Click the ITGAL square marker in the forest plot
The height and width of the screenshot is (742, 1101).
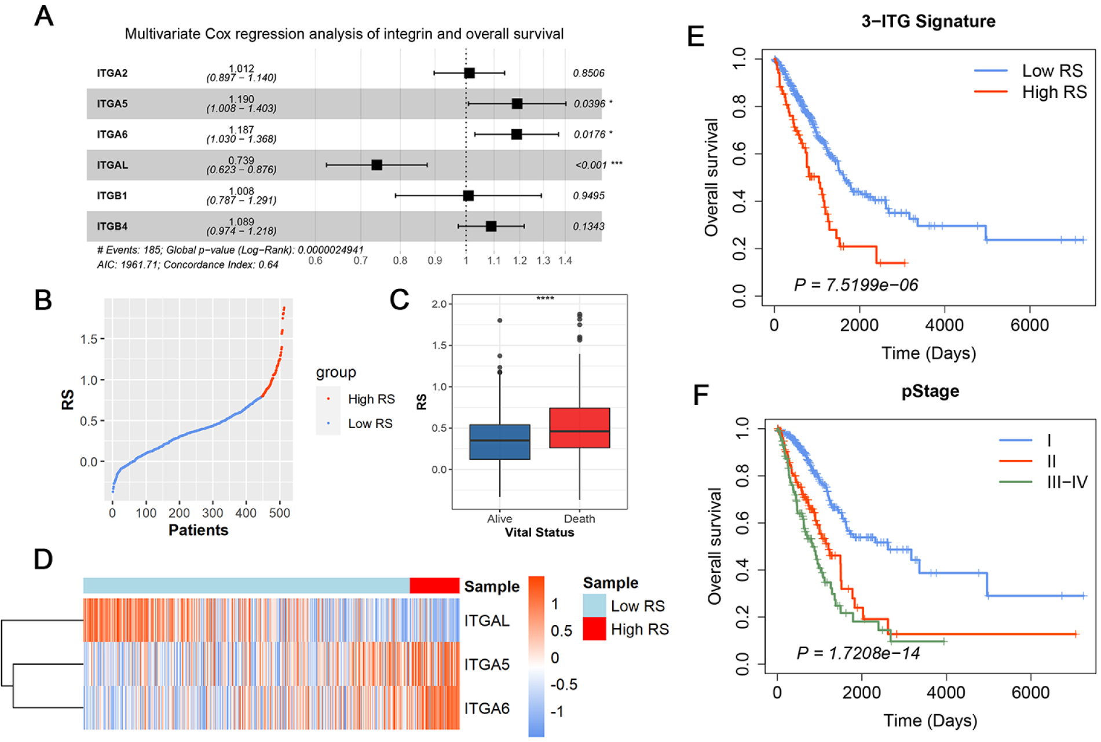tap(376, 165)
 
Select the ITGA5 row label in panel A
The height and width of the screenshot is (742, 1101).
tap(112, 104)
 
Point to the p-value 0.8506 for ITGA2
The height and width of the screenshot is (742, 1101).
tap(588, 73)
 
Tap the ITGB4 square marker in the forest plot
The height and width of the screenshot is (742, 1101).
tap(491, 226)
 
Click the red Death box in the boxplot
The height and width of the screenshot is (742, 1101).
tap(579, 428)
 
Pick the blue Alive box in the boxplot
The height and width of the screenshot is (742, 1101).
tap(499, 442)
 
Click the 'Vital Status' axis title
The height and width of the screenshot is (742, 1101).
tap(539, 533)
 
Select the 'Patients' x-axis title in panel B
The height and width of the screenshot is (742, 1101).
tap(198, 531)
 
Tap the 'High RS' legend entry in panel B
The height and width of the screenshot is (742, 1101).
tap(371, 399)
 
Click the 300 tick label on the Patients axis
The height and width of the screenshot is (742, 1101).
tap(213, 513)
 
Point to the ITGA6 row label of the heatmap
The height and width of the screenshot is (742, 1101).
tap(487, 708)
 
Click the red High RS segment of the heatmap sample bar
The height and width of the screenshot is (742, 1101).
tap(434, 586)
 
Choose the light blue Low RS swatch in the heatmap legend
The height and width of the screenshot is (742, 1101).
tap(594, 606)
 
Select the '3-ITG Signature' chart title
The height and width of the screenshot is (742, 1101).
tap(928, 21)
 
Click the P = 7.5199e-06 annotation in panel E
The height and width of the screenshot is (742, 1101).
tap(856, 285)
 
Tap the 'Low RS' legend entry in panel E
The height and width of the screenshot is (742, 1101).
tap(1052, 71)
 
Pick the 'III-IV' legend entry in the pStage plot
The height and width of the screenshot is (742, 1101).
tap(1067, 482)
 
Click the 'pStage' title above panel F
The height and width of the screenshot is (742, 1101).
tap(930, 392)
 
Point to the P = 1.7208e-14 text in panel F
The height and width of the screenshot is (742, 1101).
tap(858, 653)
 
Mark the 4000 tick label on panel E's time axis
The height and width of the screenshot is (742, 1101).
tap(944, 325)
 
